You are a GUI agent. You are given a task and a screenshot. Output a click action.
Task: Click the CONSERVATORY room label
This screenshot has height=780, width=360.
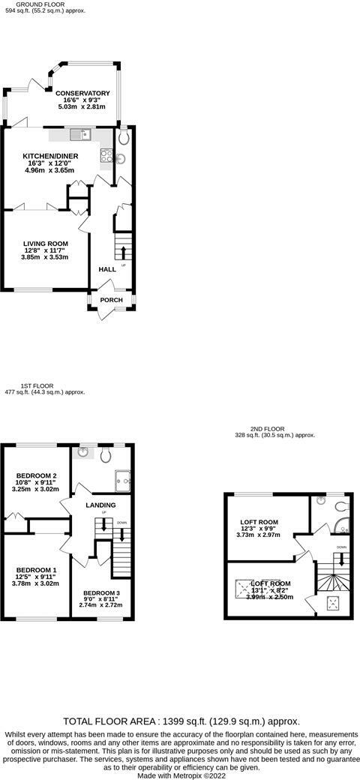pos(82,94)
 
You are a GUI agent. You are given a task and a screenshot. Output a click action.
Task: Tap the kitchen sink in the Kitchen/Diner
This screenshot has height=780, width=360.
pos(79,135)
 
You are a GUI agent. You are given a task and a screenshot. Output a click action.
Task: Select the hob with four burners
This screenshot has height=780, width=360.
pos(106,157)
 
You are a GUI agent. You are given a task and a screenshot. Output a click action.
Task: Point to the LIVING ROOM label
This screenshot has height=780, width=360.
pos(45,244)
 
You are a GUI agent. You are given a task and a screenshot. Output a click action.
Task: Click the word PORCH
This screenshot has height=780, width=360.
pos(112,300)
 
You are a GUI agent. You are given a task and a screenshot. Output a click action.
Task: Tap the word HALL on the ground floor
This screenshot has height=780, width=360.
pos(107,269)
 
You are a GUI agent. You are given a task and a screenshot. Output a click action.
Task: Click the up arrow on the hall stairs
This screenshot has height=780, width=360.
pos(123,250)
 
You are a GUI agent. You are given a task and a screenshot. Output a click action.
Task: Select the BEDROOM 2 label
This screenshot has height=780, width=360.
pos(37,475)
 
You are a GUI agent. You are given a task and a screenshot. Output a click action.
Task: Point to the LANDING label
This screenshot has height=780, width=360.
pos(100,505)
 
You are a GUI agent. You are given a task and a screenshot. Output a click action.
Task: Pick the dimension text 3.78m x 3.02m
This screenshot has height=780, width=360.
pos(36,583)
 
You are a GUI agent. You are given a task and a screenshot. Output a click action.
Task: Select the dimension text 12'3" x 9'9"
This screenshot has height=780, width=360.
pos(259,531)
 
